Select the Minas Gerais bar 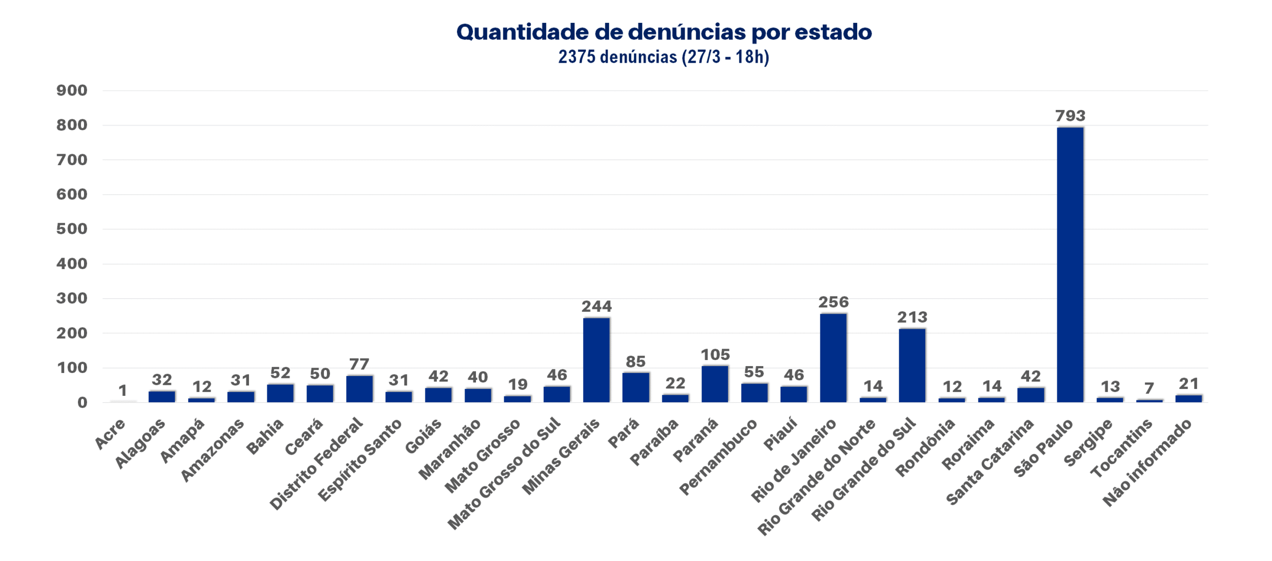coord(596,360)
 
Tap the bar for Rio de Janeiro coord(833,358)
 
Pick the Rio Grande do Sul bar coord(912,365)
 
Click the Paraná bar coord(715,383)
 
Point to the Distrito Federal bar coord(359,388)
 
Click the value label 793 coord(1070,116)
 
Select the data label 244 coord(596,306)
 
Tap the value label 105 coord(715,355)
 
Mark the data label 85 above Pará coord(636,362)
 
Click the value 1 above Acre coord(122,390)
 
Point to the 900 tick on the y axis coord(72,91)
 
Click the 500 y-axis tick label coord(72,229)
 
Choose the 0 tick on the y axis coord(82,402)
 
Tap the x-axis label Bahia coord(265,437)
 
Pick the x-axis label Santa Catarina coord(990,462)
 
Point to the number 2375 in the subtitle coord(576,57)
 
